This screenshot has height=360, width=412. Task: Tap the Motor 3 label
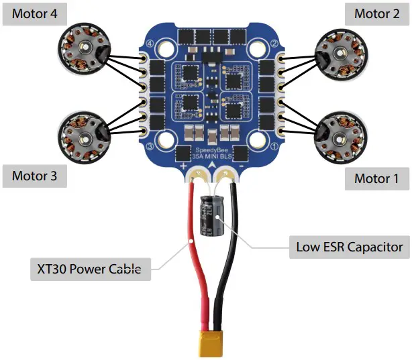tap(39, 176)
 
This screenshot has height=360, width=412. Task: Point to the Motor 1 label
tap(376, 178)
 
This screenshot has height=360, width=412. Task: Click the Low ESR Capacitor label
tap(349, 247)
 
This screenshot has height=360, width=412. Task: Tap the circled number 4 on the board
tap(148, 45)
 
